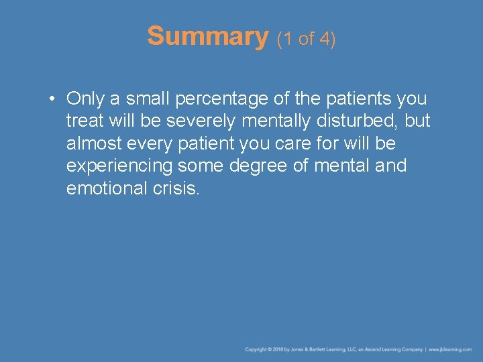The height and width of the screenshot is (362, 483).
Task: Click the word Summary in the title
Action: pos(207,36)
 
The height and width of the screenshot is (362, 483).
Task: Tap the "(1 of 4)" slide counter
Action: pos(306,39)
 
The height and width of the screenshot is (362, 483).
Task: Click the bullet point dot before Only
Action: pos(52,99)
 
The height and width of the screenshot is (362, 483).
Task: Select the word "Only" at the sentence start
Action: pos(85,99)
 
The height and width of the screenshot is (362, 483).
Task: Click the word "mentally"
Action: pos(266,121)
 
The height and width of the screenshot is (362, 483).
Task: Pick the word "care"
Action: pos(295,143)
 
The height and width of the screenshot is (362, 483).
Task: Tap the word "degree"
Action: pos(254,166)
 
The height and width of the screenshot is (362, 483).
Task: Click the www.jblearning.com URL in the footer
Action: pos(451,349)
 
